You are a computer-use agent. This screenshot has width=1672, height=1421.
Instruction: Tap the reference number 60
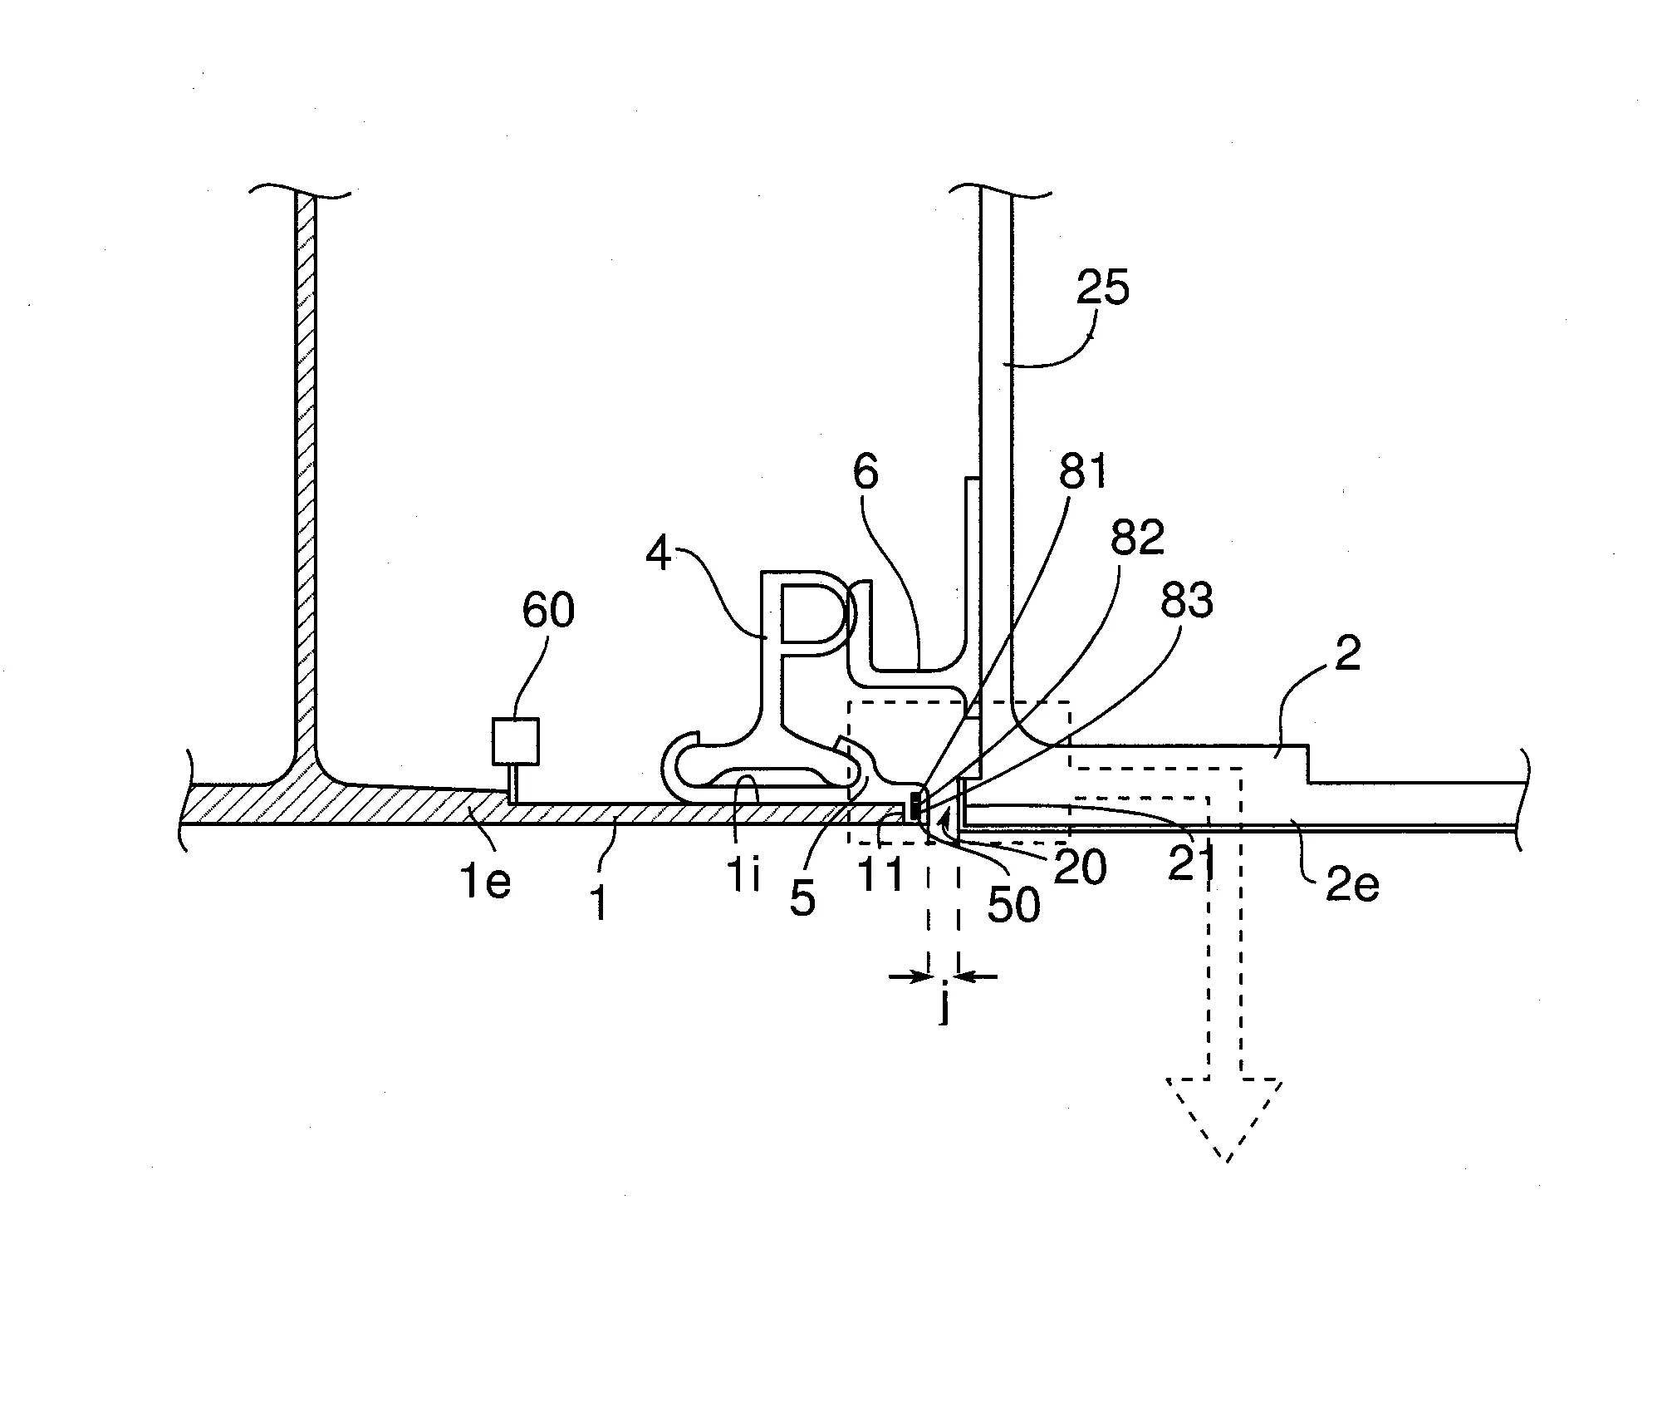548,611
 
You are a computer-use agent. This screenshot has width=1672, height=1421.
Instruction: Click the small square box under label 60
516,741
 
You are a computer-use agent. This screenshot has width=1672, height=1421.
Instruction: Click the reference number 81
1083,473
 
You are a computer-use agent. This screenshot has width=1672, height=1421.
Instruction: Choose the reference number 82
1137,538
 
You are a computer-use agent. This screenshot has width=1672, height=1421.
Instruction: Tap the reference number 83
1186,600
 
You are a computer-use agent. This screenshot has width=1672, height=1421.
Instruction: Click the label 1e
486,882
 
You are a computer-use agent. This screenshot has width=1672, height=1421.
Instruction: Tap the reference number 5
802,899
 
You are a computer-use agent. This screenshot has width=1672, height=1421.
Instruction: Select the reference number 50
1013,903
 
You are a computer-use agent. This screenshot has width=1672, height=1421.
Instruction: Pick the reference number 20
1081,868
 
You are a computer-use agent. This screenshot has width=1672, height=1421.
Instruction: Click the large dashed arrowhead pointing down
1225,1114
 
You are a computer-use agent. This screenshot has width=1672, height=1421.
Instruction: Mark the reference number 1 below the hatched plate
600,903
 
